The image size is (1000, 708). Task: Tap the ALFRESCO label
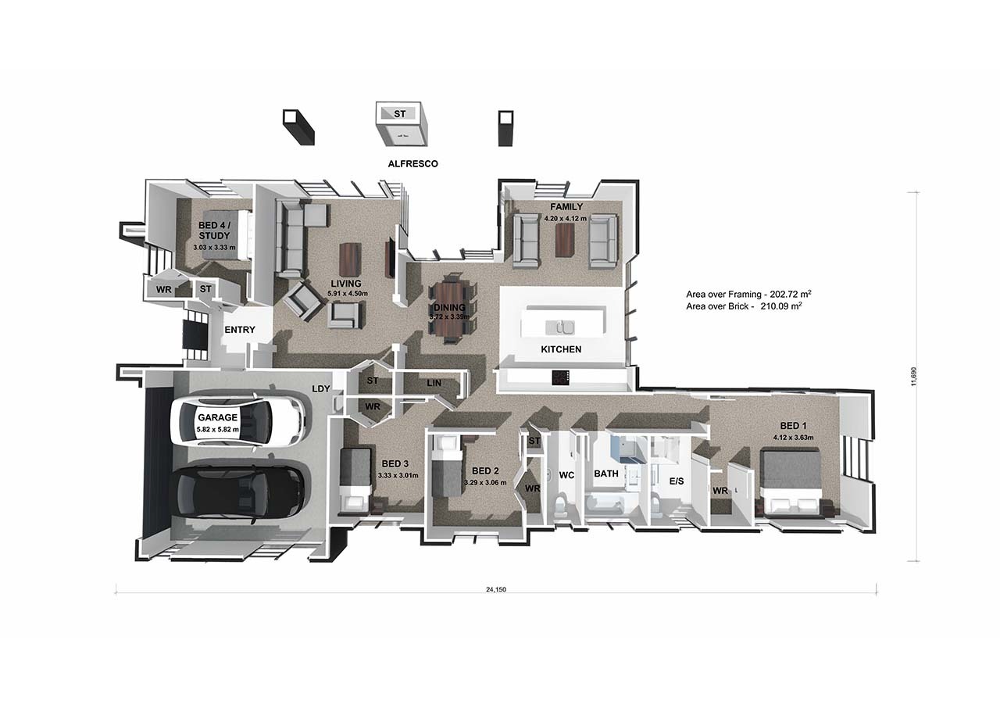(412, 164)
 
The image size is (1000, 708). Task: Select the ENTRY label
(240, 330)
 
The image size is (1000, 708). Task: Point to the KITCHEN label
(561, 349)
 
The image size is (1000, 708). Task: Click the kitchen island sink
(560, 327)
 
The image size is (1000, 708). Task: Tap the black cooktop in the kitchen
(561, 377)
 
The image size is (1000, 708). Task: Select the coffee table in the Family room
(565, 240)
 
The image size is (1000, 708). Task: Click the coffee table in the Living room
(350, 259)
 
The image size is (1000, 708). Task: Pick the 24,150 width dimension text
(496, 589)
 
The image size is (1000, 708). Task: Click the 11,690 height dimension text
(913, 377)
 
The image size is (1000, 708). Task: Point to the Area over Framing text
(748, 294)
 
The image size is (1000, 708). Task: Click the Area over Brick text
(745, 306)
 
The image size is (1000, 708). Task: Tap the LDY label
(320, 389)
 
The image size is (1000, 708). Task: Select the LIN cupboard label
(434, 383)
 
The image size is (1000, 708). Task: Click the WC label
(566, 475)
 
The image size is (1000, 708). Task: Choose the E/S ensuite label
(677, 481)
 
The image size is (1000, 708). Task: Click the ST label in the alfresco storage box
(399, 114)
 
